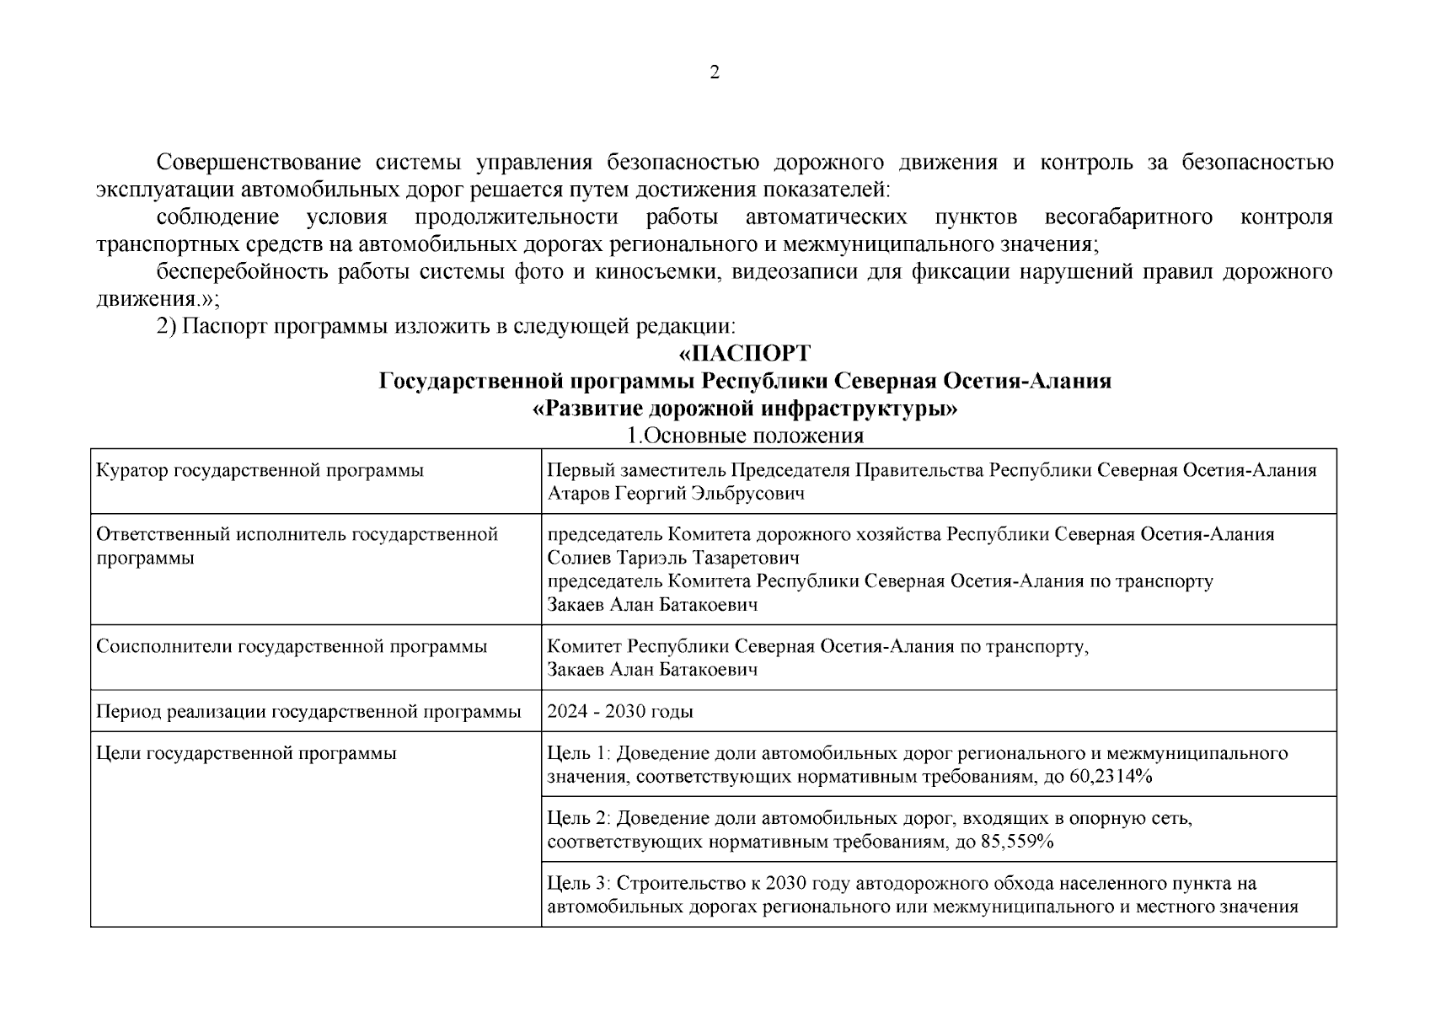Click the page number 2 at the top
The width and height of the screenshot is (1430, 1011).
pyautogui.click(x=715, y=73)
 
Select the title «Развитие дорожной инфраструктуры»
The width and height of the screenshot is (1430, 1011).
pyautogui.click(x=745, y=409)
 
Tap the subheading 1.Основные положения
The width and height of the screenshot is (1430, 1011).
pyautogui.click(x=745, y=436)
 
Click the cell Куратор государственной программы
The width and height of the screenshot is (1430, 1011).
pyautogui.click(x=260, y=471)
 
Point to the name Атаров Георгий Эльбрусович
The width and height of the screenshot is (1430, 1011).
pyautogui.click(x=676, y=494)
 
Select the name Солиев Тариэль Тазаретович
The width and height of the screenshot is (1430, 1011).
pyautogui.click(x=673, y=558)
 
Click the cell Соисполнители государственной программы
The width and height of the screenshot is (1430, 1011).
pyautogui.click(x=292, y=647)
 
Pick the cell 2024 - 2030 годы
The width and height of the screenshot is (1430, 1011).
pyautogui.click(x=620, y=712)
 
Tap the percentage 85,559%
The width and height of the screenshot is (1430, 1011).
pyautogui.click(x=1017, y=842)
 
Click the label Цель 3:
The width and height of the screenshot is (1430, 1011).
pyautogui.click(x=578, y=884)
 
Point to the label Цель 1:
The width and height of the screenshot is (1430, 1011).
pyautogui.click(x=578, y=753)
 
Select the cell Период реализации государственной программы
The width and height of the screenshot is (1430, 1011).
pyautogui.click(x=308, y=712)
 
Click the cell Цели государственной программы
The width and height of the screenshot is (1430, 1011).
pyautogui.click(x=246, y=753)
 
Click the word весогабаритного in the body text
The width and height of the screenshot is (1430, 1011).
pyautogui.click(x=1128, y=217)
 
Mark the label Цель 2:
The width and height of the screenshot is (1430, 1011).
pyautogui.click(x=578, y=818)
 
